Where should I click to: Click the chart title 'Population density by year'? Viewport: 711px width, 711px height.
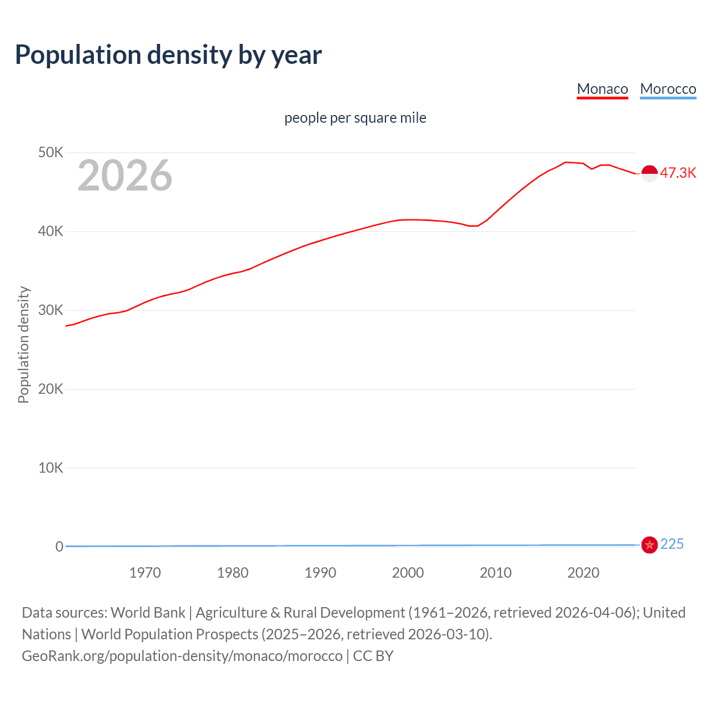pyautogui.click(x=168, y=55)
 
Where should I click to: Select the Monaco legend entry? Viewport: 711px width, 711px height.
pyautogui.click(x=602, y=89)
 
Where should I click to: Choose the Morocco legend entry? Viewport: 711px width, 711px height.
pyautogui.click(x=668, y=89)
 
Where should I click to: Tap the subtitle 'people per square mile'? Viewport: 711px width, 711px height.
pyautogui.click(x=355, y=118)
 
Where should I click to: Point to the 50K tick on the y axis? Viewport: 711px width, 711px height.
pyautogui.click(x=51, y=152)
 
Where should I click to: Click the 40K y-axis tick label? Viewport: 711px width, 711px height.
pyautogui.click(x=51, y=231)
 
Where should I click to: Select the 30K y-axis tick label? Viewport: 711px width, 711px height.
pyautogui.click(x=51, y=310)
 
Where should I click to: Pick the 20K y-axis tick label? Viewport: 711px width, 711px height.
pyautogui.click(x=51, y=389)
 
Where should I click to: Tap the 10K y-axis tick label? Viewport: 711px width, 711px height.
pyautogui.click(x=51, y=468)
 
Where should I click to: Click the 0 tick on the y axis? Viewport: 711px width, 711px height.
pyautogui.click(x=59, y=547)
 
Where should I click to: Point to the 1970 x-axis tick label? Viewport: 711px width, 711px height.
pyautogui.click(x=145, y=573)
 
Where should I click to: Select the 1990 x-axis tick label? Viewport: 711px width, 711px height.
pyautogui.click(x=321, y=573)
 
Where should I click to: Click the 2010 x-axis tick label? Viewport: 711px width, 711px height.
pyautogui.click(x=495, y=573)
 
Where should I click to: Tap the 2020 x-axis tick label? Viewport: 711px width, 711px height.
pyautogui.click(x=583, y=573)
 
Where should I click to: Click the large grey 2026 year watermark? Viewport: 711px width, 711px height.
pyautogui.click(x=125, y=176)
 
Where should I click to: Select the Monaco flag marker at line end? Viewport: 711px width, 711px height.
pyautogui.click(x=649, y=173)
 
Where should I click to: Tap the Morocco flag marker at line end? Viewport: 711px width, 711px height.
pyautogui.click(x=649, y=545)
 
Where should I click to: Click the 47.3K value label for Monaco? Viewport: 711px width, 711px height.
pyautogui.click(x=678, y=173)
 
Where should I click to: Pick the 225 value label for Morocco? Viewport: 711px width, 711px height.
pyautogui.click(x=672, y=544)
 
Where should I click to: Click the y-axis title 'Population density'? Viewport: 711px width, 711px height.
pyautogui.click(x=23, y=344)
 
